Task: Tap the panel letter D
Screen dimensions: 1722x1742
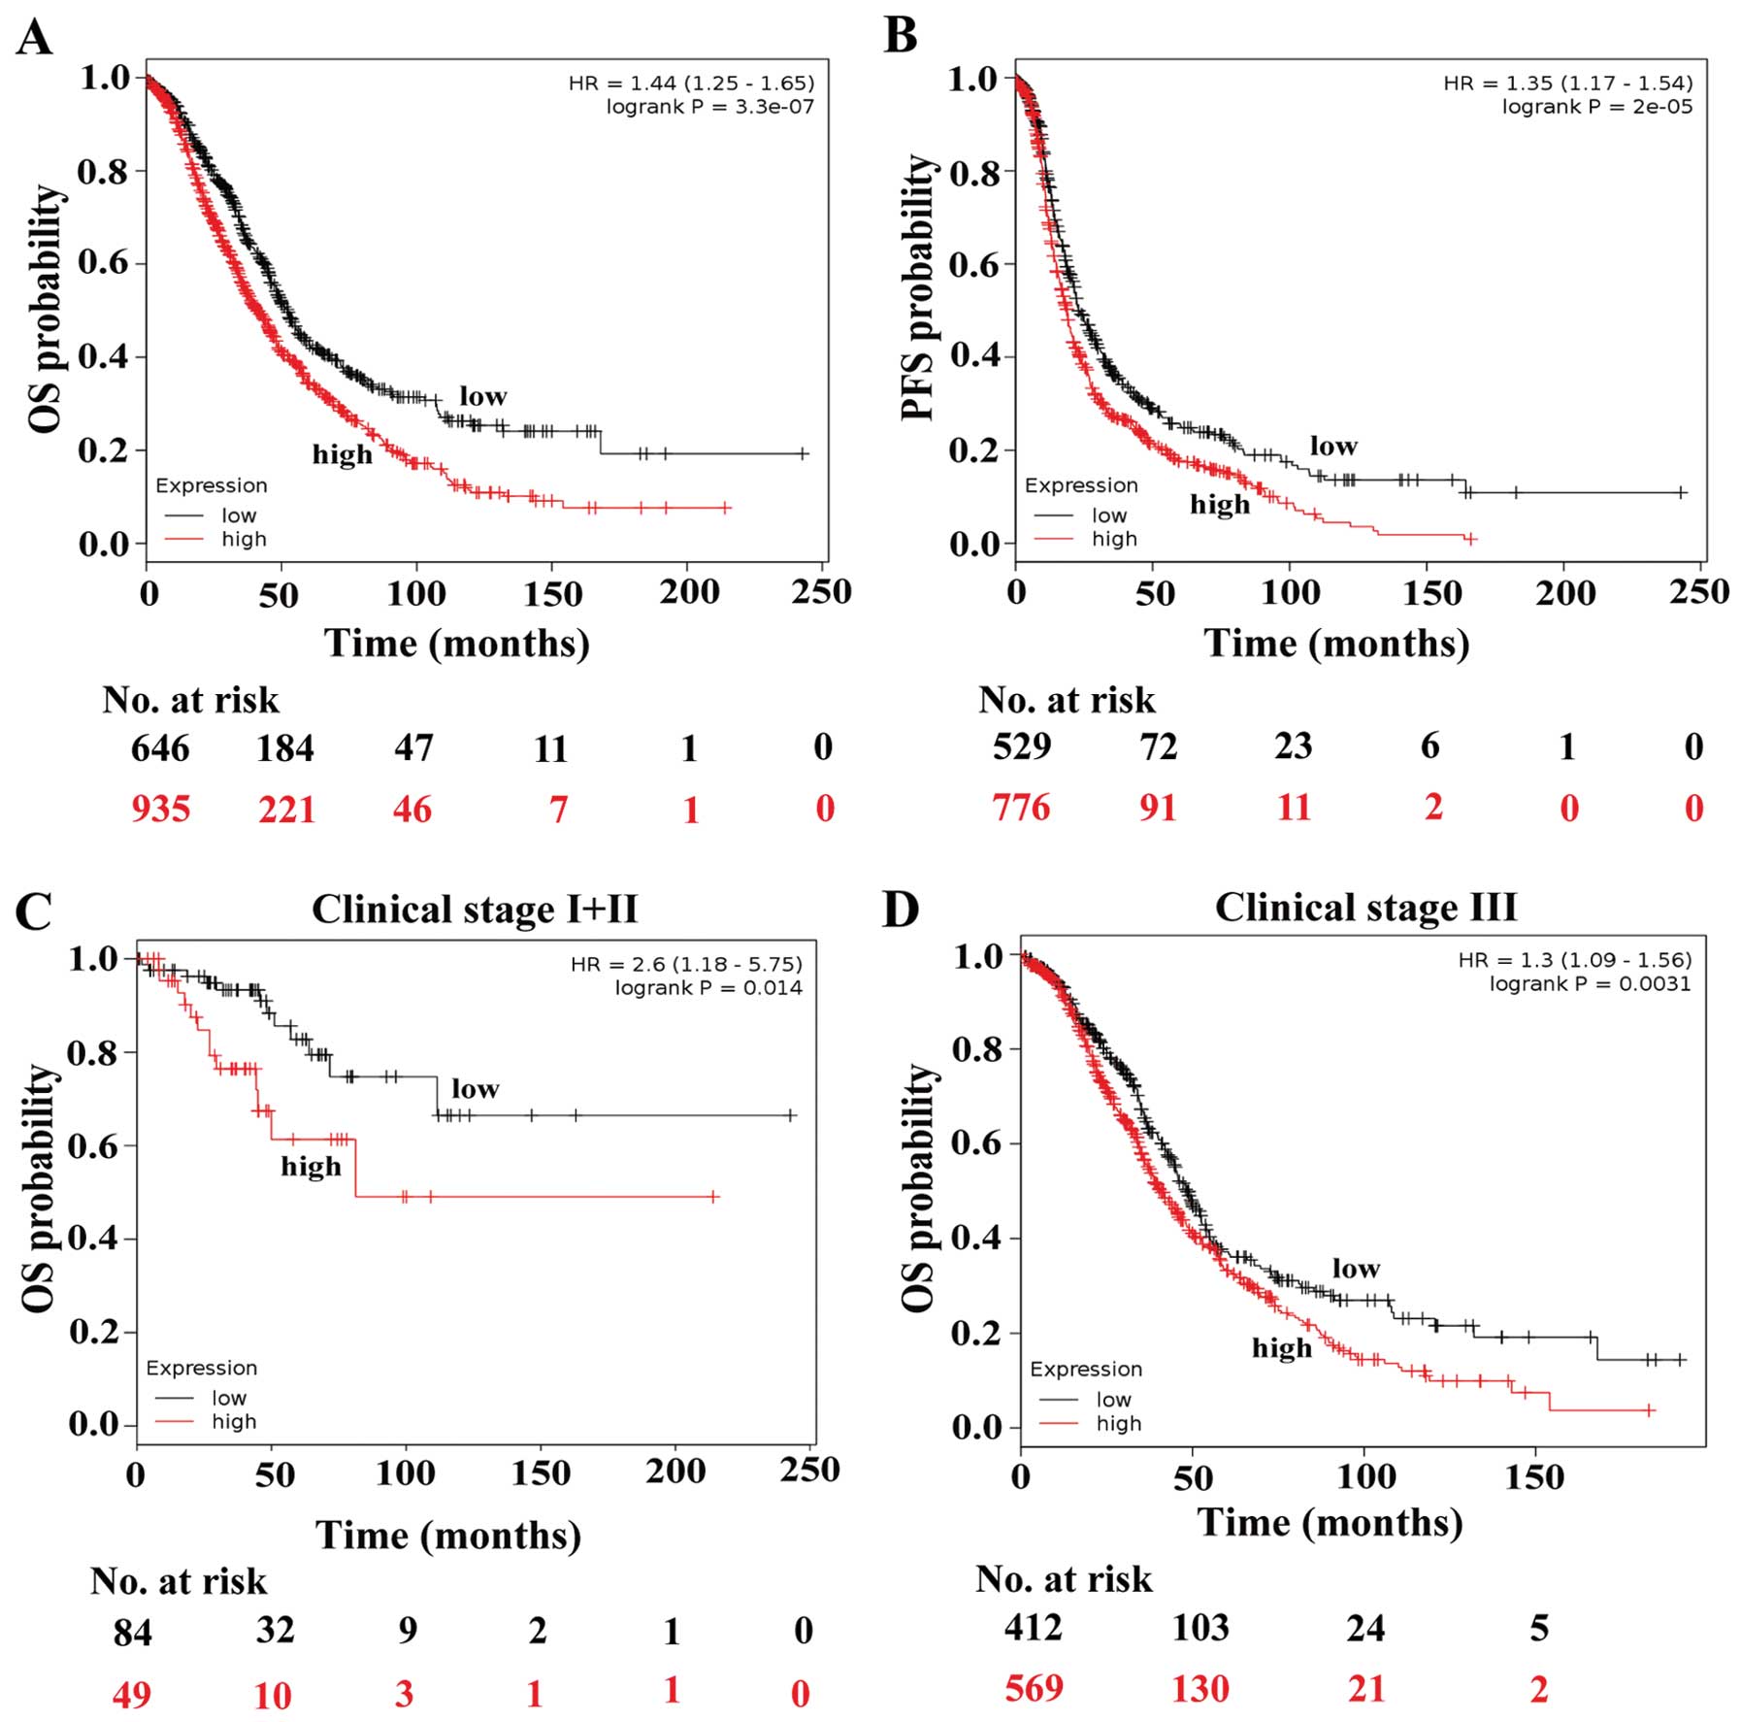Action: pyautogui.click(x=901, y=910)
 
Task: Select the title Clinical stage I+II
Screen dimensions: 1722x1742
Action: pyautogui.click(x=475, y=910)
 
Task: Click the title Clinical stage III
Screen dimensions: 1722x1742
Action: pyautogui.click(x=1365, y=908)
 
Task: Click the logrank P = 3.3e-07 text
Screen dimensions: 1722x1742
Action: pyautogui.click(x=709, y=107)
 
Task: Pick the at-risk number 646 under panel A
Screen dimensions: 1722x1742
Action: pyautogui.click(x=160, y=748)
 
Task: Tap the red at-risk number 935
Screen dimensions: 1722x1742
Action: pyautogui.click(x=160, y=809)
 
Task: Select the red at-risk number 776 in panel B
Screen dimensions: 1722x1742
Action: pyautogui.click(x=1021, y=807)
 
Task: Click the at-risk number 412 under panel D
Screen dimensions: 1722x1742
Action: pyautogui.click(x=1033, y=1626)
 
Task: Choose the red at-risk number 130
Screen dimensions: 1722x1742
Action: pyautogui.click(x=1200, y=1689)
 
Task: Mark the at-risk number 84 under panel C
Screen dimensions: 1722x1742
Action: pyautogui.click(x=132, y=1631)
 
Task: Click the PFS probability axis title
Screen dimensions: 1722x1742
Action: pyautogui.click(x=916, y=288)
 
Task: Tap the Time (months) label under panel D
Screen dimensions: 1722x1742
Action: pyautogui.click(x=1330, y=1522)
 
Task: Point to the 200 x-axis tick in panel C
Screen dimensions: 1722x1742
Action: pyautogui.click(x=675, y=1472)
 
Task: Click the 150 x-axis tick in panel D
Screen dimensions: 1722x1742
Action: pyautogui.click(x=1534, y=1477)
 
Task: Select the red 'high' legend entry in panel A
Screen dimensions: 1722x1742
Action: pyautogui.click(x=243, y=539)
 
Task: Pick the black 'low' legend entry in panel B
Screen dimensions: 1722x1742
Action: pyautogui.click(x=1109, y=515)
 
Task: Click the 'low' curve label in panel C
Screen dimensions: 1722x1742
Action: pyautogui.click(x=476, y=1089)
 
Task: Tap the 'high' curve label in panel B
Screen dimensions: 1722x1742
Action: pyautogui.click(x=1220, y=504)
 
